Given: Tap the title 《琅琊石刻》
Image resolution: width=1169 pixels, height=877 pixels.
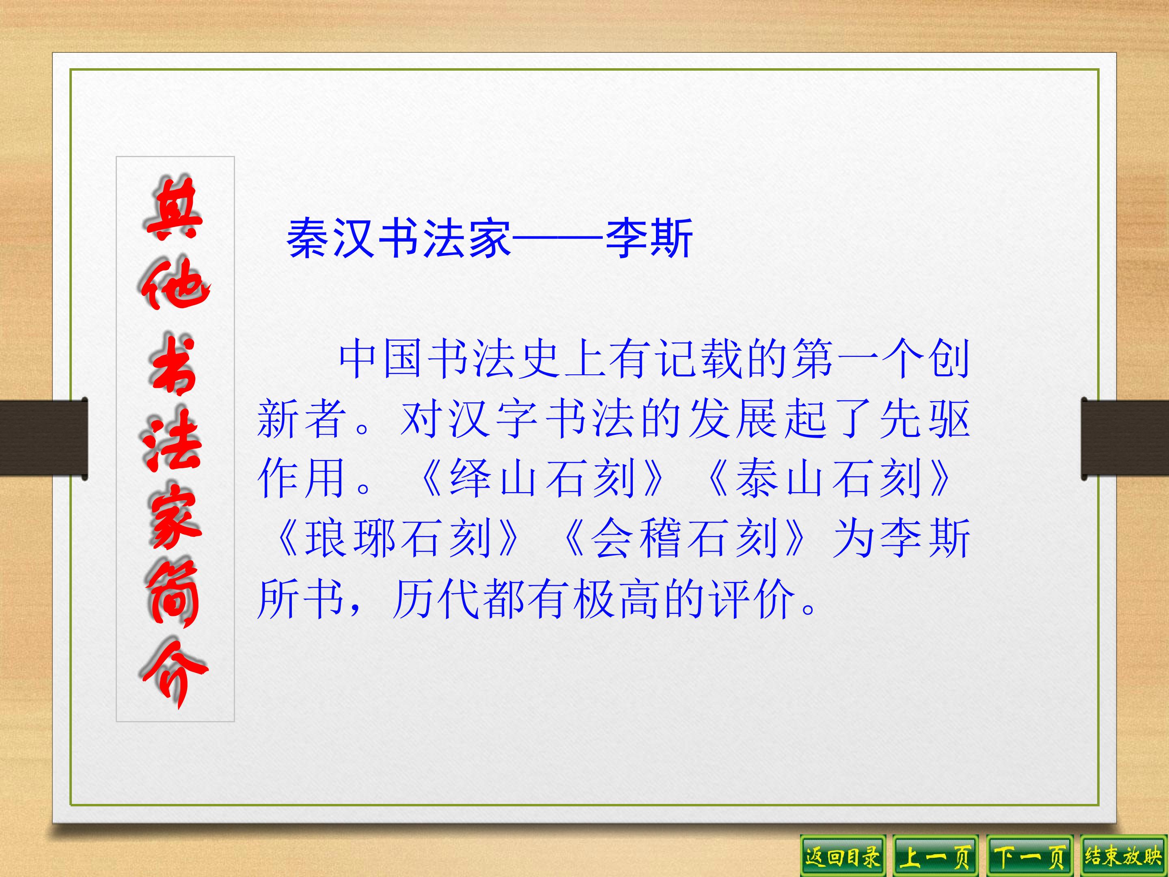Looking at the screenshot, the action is (x=396, y=538).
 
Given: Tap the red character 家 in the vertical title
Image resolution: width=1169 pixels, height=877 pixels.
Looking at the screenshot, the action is (x=175, y=520).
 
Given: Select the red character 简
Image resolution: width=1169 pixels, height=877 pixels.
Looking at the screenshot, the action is (x=172, y=594).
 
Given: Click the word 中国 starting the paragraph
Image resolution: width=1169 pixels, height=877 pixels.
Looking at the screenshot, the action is (x=382, y=359).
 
